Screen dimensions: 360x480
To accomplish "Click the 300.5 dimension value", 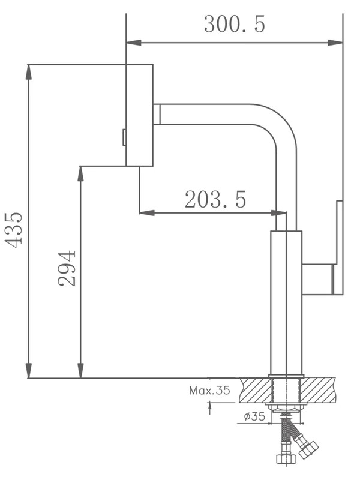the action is pyautogui.click(x=235, y=24).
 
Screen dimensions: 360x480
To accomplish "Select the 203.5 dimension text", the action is pyautogui.click(x=215, y=199).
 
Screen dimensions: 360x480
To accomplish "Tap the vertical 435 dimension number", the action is pyautogui.click(x=14, y=230).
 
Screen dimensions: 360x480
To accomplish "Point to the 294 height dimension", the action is pyautogui.click(x=67, y=268).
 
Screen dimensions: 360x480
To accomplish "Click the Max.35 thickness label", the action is pyautogui.click(x=209, y=391).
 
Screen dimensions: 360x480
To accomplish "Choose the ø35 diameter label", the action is pyautogui.click(x=254, y=416).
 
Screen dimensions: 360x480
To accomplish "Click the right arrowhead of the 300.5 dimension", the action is pyautogui.click(x=335, y=43).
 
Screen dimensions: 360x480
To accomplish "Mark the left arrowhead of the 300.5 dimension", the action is pyautogui.click(x=134, y=43).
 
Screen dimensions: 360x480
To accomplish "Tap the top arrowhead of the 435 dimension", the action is pyautogui.click(x=28, y=72).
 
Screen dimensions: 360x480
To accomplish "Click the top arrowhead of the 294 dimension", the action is pyautogui.click(x=80, y=174).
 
